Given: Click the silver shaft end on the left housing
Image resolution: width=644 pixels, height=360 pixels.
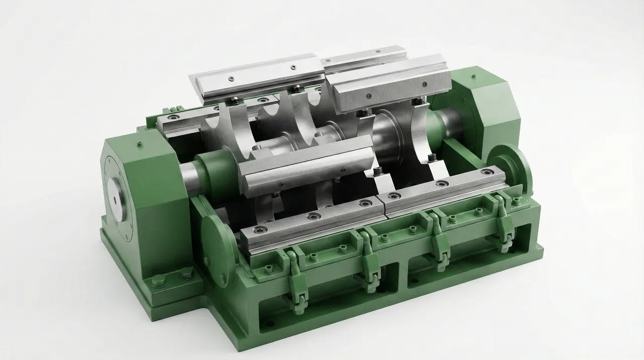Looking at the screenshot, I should click(x=116, y=198).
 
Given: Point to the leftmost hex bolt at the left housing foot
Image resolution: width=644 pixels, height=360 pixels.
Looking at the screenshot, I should click(x=157, y=280).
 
